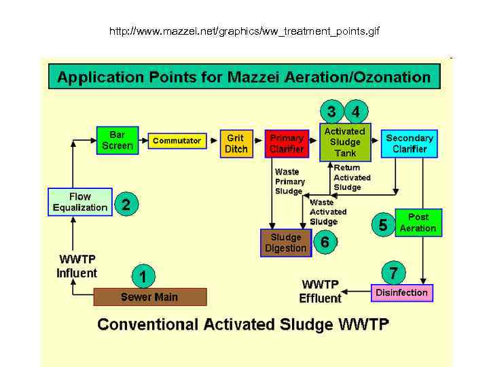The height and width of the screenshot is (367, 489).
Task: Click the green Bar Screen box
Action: (x=117, y=140)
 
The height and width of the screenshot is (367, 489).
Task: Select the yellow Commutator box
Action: (x=177, y=141)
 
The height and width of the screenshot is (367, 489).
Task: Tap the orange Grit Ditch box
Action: (x=236, y=143)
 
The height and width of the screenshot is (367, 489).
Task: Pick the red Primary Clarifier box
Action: (x=286, y=143)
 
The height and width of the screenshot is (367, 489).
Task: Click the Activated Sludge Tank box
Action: (x=344, y=142)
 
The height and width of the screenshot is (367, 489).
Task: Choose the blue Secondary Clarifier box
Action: (x=409, y=143)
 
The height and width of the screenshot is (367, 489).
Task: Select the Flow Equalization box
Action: (x=79, y=202)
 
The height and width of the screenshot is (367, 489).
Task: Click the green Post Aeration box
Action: (x=418, y=223)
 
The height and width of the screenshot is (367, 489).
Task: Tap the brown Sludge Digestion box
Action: (x=285, y=243)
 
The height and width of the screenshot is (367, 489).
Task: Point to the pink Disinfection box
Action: (x=401, y=293)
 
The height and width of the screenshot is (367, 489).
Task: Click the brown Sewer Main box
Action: (x=149, y=297)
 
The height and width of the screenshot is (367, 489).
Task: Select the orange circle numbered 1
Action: (x=143, y=276)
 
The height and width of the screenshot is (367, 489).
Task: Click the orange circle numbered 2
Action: (x=126, y=204)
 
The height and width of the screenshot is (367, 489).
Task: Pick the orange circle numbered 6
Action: (x=325, y=242)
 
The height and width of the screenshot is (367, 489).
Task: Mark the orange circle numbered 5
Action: (x=383, y=225)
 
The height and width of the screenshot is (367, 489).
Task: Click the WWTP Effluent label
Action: (x=321, y=292)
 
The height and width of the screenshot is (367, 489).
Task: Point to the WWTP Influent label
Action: (x=77, y=266)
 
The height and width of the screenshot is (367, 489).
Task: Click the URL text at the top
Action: (x=244, y=31)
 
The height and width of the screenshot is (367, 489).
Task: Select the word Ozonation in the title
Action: (x=390, y=77)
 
